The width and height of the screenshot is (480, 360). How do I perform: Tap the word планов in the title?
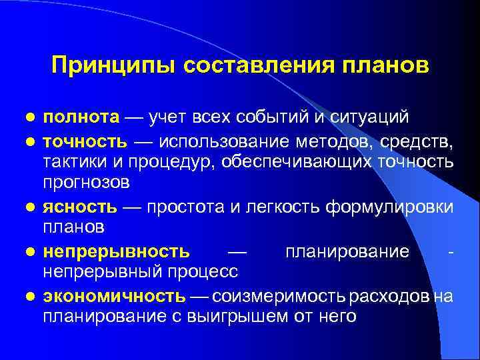click(387, 65)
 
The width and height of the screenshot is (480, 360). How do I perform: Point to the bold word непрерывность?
click(117, 251)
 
